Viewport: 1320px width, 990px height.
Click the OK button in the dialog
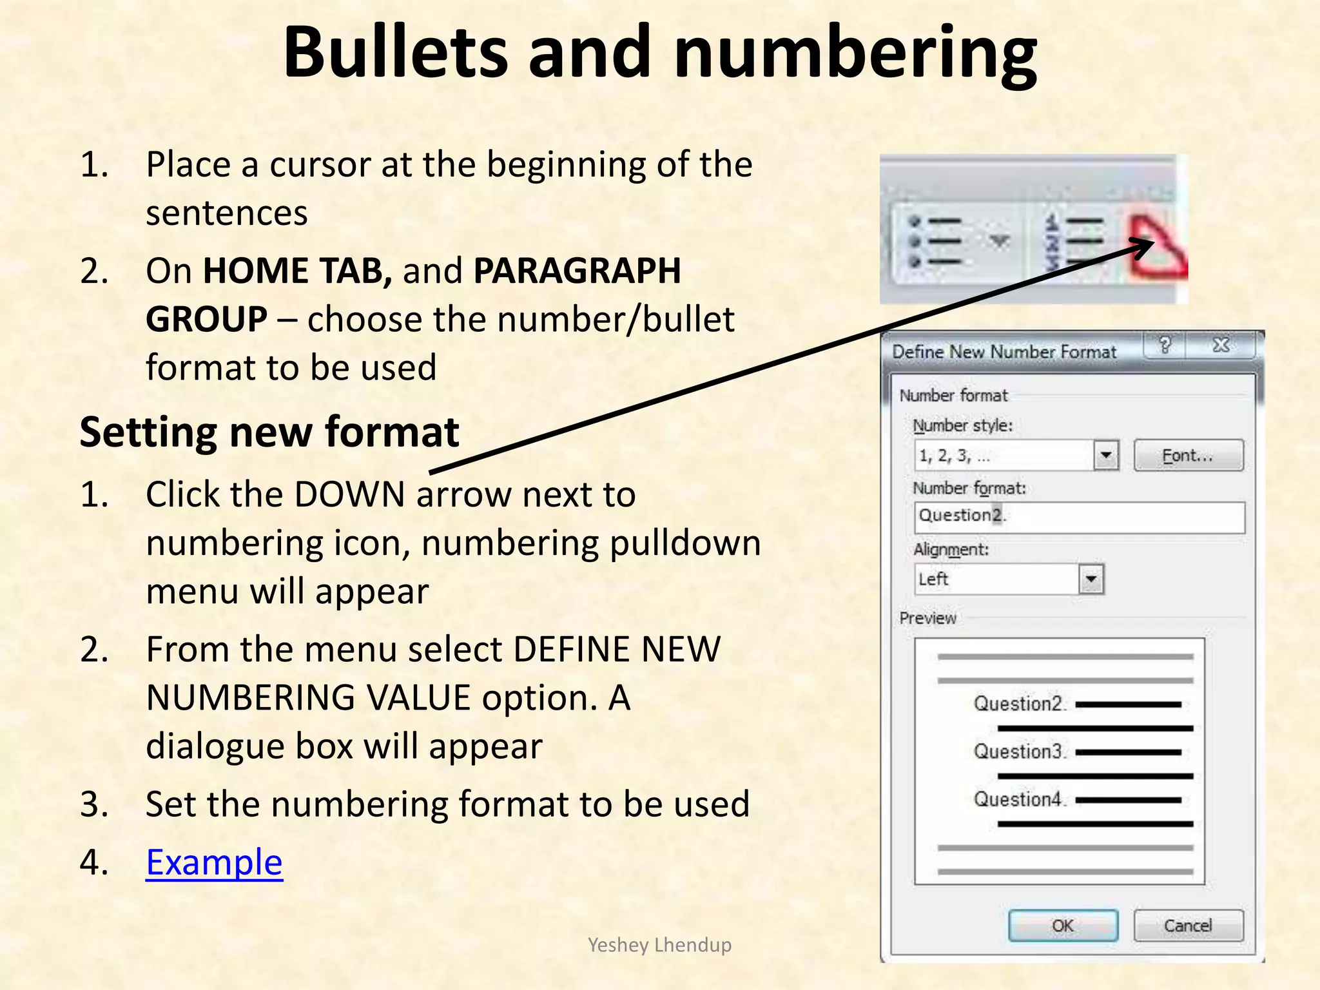1063,926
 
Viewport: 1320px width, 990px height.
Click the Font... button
1188,456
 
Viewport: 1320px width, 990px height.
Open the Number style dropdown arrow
1106,456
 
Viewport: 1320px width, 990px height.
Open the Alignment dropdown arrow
1091,579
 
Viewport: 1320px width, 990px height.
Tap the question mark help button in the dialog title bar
1165,346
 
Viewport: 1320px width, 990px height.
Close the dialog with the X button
1221,346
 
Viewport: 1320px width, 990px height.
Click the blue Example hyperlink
214,862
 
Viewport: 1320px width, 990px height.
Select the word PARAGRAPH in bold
577,271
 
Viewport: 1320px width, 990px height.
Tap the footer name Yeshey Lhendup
659,945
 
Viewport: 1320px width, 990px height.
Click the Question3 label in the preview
1018,752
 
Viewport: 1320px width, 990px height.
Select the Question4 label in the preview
1018,799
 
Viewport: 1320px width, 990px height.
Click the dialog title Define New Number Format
1004,352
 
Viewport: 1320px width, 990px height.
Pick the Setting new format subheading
269,432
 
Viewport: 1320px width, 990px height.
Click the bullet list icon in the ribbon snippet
935,242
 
